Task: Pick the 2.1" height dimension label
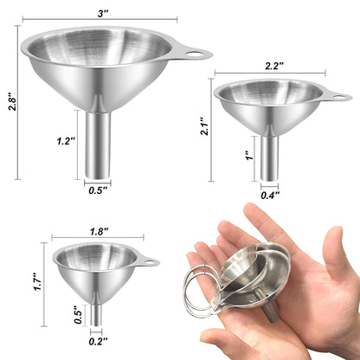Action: pyautogui.click(x=202, y=127)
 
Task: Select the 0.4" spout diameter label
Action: pyautogui.click(x=270, y=196)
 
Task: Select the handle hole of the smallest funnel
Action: pyautogui.click(x=151, y=260)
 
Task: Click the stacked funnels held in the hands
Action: pyautogui.click(x=251, y=277)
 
